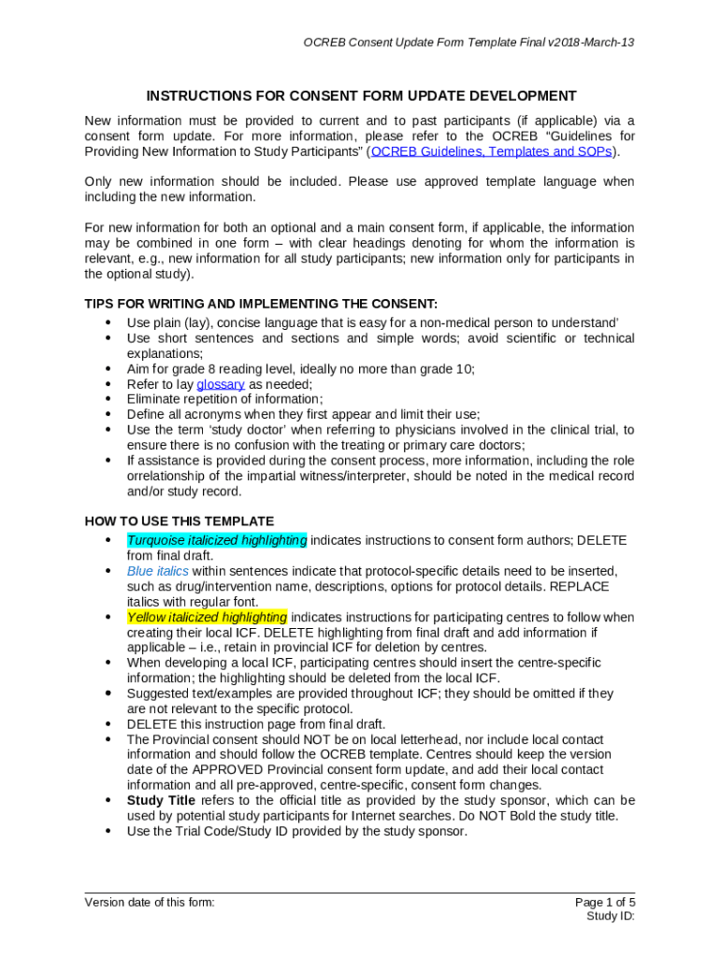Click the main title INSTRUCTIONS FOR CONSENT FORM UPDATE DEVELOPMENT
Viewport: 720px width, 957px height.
click(x=360, y=96)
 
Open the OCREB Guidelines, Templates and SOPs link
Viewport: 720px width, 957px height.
click(x=491, y=151)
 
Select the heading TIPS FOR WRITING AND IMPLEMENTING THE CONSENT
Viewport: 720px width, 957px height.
click(x=261, y=304)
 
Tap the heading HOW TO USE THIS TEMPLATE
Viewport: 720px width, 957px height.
click(x=180, y=521)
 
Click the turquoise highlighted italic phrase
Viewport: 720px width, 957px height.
click(x=216, y=540)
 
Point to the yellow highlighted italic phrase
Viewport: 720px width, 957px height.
click(x=207, y=617)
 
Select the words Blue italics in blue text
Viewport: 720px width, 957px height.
click(x=157, y=571)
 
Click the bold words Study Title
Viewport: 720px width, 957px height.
click(x=161, y=800)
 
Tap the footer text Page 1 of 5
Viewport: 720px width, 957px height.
click(x=605, y=902)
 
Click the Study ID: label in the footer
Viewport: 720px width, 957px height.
click(x=611, y=917)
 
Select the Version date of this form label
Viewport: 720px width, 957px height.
click(x=150, y=902)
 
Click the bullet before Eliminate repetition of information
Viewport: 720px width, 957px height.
click(x=108, y=399)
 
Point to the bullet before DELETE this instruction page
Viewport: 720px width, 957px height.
click(x=108, y=724)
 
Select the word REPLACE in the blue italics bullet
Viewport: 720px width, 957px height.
click(x=580, y=586)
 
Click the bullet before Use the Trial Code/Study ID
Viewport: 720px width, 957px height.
click(x=108, y=831)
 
